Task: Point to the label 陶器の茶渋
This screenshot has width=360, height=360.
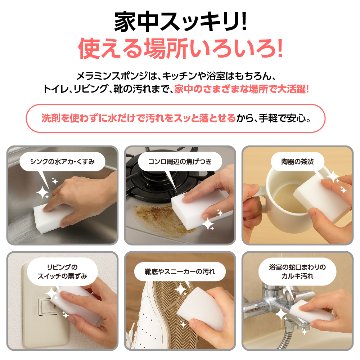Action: pos(294,159)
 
